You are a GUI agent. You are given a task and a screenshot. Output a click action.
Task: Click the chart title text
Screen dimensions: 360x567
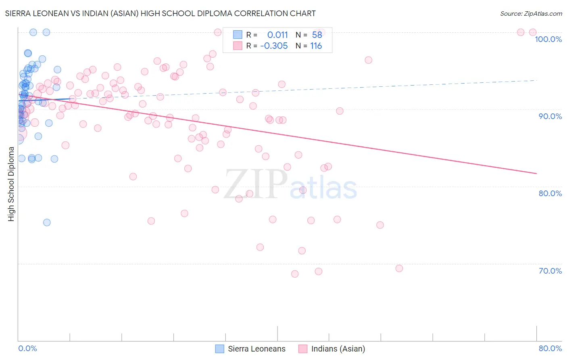point(161,13)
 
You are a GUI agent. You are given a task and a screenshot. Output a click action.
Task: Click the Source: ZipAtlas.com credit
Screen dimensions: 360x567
point(531,13)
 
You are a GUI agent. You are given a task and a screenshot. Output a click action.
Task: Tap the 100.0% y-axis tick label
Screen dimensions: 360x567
point(548,39)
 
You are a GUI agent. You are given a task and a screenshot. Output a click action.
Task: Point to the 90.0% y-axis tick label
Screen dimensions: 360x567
point(550,116)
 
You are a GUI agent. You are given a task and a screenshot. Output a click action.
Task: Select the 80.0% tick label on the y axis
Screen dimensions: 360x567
point(550,193)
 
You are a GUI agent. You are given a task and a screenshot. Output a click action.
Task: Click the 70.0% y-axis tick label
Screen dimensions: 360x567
point(550,271)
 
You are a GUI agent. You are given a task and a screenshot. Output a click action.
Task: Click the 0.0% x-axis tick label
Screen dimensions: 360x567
point(27,348)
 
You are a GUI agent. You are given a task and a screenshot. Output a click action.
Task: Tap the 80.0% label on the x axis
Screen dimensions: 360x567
point(550,348)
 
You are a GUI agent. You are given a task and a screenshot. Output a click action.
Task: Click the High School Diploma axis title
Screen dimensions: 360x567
point(11,184)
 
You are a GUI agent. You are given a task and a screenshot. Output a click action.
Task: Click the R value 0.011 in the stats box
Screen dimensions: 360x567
point(277,35)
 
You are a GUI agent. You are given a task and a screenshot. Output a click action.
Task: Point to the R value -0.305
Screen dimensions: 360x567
point(274,46)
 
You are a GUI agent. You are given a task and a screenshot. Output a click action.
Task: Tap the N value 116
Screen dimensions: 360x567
point(316,46)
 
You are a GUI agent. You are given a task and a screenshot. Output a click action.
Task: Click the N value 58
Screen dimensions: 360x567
point(317,35)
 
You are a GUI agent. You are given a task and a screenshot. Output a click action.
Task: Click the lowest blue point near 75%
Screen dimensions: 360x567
point(47,222)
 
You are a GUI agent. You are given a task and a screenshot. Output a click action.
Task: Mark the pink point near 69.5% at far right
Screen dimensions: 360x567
point(399,268)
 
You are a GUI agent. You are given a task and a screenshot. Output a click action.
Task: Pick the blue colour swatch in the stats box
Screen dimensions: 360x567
point(238,35)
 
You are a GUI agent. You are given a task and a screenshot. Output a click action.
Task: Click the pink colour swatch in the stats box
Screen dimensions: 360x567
point(238,46)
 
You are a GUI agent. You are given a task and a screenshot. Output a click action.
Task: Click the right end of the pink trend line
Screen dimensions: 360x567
point(536,173)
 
